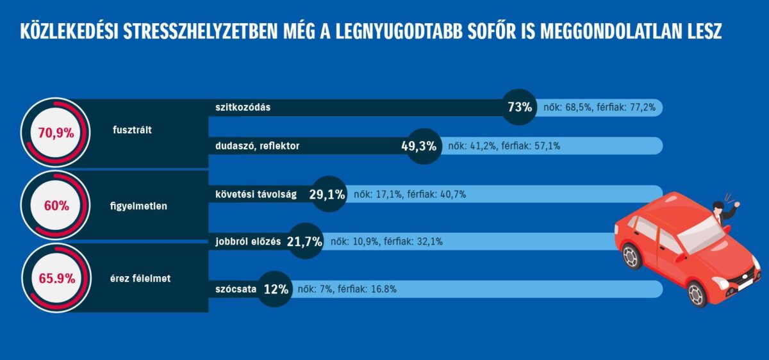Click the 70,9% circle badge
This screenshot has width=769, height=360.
click(x=56, y=133)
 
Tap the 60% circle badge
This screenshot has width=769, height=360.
click(x=56, y=206)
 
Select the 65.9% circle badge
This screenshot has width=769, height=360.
click(x=56, y=279)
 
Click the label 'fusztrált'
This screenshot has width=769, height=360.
click(x=136, y=131)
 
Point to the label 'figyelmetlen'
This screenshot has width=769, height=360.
click(x=138, y=206)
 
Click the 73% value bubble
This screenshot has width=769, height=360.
click(x=520, y=108)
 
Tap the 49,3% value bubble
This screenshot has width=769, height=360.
click(x=419, y=146)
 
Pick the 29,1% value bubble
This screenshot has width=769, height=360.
click(x=327, y=194)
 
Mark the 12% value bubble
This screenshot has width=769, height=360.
click(x=276, y=289)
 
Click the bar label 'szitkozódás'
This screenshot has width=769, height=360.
click(x=243, y=108)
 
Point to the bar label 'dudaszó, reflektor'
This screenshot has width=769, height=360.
click(x=258, y=146)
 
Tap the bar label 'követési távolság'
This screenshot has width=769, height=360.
click(x=256, y=195)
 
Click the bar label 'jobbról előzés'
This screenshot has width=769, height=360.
click(x=249, y=241)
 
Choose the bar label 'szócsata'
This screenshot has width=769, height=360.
click(x=236, y=289)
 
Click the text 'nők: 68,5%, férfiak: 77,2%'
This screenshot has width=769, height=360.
click(x=599, y=108)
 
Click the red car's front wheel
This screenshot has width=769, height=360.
click(x=697, y=293)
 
